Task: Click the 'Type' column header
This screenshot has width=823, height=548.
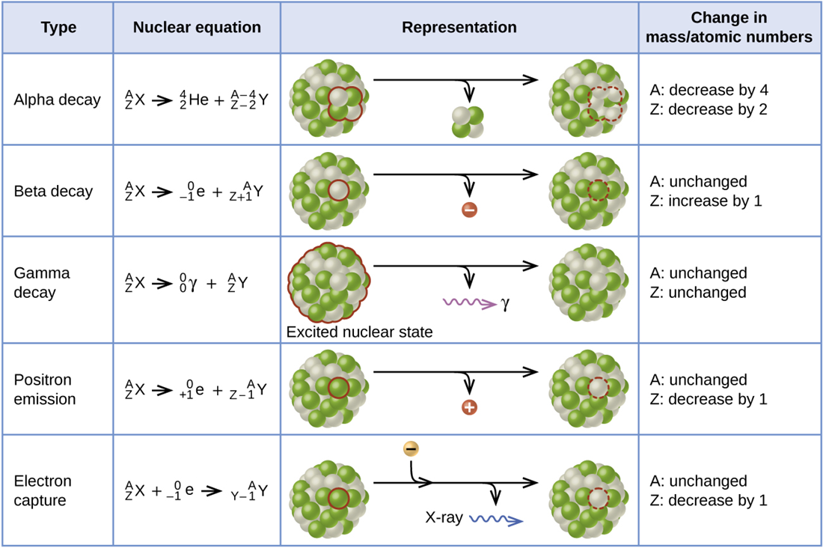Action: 58,28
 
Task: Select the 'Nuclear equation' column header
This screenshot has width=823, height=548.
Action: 197,28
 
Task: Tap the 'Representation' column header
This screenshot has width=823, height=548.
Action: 459,28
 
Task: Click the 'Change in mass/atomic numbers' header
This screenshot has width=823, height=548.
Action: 730,28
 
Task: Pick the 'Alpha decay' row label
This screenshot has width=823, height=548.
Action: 58,100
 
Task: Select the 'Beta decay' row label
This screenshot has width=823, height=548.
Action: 53,191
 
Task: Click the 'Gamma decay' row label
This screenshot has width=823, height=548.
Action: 42,282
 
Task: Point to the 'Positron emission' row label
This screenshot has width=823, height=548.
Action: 45,389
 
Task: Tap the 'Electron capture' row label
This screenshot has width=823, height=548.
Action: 43,490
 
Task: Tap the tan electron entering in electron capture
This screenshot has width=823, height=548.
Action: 411,449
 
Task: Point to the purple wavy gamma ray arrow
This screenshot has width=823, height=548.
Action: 468,304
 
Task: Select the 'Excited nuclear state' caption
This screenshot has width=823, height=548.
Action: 359,332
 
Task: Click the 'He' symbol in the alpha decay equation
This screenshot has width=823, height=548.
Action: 198,100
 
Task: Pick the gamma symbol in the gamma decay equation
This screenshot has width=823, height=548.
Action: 193,284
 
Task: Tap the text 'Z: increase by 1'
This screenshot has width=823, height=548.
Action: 706,201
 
